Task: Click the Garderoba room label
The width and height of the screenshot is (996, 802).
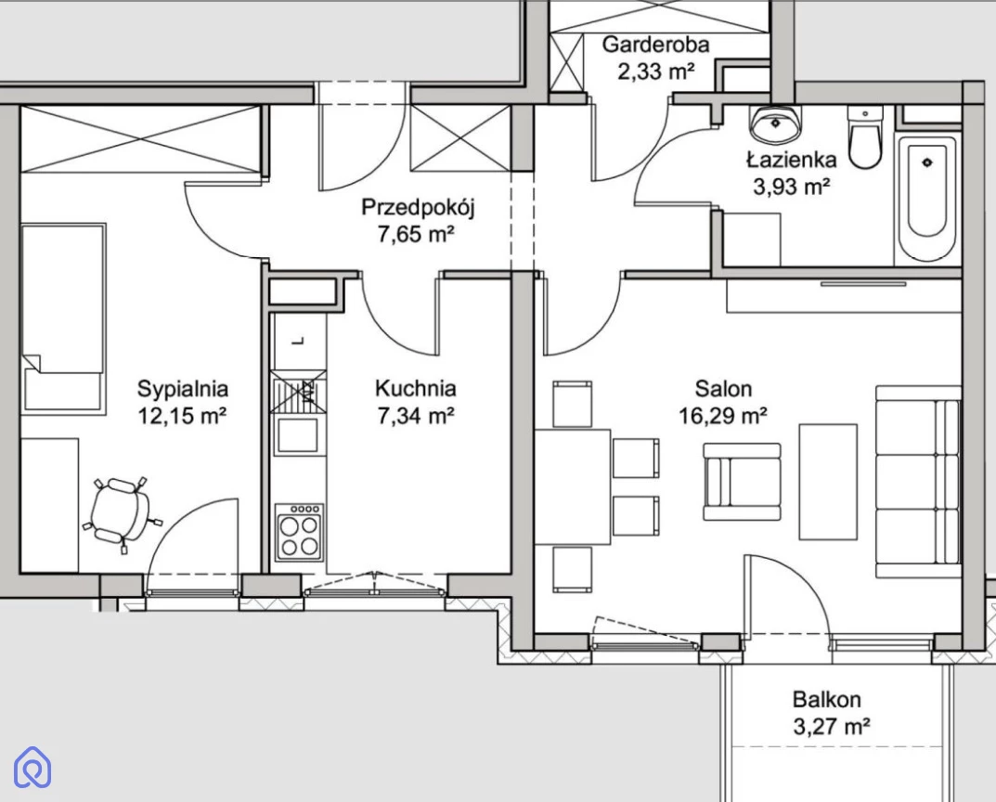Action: pos(655,45)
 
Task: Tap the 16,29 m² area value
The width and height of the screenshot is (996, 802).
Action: pos(723,416)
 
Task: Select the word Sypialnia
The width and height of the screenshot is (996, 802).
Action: pos(182,389)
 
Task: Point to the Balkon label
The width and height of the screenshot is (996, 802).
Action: pos(826,700)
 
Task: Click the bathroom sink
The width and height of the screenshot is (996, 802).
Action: pos(776,123)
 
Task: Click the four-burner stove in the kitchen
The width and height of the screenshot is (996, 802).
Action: pos(299,533)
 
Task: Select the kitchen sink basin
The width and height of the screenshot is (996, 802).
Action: pos(297,435)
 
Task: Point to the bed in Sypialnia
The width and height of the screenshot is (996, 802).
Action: pos(63,318)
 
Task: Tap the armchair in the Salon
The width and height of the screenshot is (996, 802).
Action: pos(742,482)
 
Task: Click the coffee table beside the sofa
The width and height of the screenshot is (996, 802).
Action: pos(828,482)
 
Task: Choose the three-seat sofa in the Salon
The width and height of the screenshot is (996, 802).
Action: pos(918,482)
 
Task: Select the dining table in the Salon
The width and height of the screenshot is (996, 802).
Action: pos(573,487)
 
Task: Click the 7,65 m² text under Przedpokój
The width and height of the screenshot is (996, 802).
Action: pos(416,235)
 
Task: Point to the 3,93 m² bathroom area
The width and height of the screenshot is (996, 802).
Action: pos(792,187)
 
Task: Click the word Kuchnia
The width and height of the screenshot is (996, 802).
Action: pos(416,389)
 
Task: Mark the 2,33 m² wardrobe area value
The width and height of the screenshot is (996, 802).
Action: pos(655,71)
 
